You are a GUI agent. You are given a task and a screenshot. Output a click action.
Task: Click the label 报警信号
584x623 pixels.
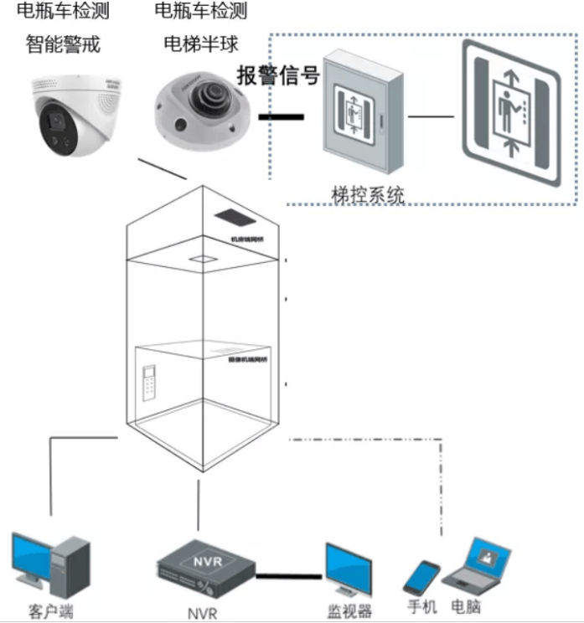(279, 75)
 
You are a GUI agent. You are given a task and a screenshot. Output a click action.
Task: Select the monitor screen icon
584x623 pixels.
(349, 570)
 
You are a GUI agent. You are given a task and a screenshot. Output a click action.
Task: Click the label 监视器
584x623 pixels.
(349, 610)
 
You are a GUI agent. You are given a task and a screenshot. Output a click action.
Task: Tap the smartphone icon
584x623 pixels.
(421, 577)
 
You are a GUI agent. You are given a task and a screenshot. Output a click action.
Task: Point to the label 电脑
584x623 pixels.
(466, 605)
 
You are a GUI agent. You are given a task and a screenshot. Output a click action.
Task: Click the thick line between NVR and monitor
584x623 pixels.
(289, 576)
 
